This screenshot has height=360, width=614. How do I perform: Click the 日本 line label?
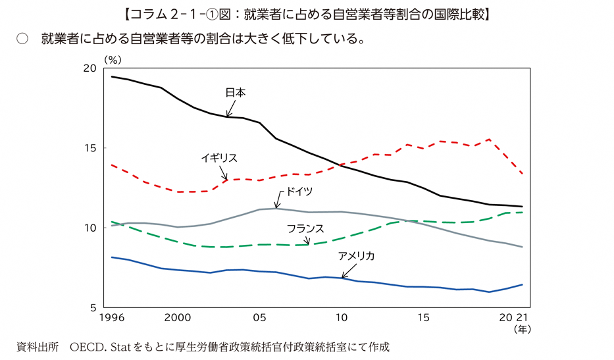click(x=235, y=93)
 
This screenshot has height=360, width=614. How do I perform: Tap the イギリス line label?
click(x=219, y=158)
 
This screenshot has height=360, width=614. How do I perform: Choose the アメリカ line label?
click(x=356, y=256)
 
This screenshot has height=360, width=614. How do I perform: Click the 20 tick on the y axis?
click(x=90, y=68)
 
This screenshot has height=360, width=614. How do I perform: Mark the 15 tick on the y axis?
click(x=90, y=148)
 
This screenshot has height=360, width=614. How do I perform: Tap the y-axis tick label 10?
click(x=90, y=228)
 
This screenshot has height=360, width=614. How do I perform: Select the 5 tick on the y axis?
click(x=93, y=307)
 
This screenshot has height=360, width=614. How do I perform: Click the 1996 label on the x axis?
click(x=113, y=318)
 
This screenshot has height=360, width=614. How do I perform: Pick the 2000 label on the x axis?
click(x=178, y=318)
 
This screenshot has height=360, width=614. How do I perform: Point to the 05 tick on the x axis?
click(x=259, y=318)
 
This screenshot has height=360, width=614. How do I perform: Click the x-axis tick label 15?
click(x=423, y=318)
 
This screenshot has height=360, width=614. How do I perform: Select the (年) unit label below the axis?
click(x=523, y=328)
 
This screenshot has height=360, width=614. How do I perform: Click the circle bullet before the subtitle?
click(x=22, y=39)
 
